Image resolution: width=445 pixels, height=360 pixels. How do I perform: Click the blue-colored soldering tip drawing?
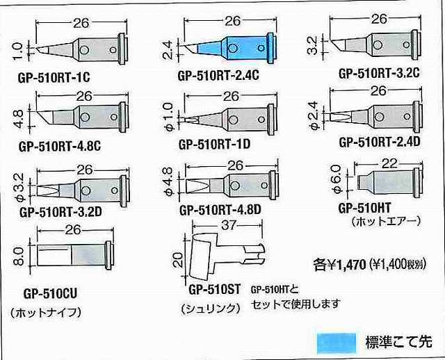[233, 49]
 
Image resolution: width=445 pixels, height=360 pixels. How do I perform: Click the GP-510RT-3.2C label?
[380, 72]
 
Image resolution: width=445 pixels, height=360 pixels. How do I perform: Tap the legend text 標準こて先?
[398, 341]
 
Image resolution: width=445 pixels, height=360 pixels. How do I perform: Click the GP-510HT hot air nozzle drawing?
[387, 183]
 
